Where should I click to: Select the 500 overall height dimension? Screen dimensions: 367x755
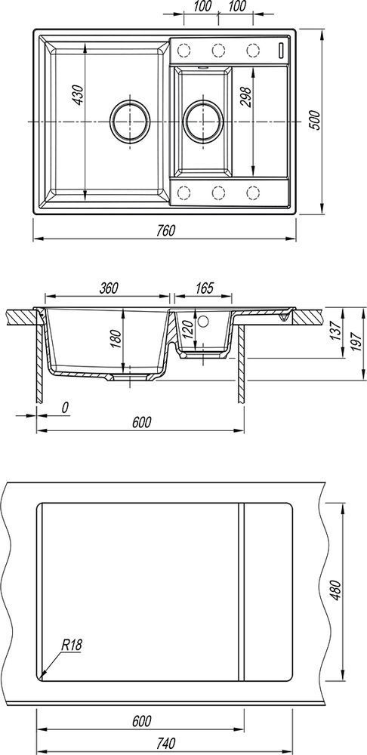pyautogui.click(x=313, y=121)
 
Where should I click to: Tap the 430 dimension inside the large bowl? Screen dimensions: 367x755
pyautogui.click(x=78, y=95)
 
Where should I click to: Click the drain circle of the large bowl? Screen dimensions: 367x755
pyautogui.click(x=130, y=120)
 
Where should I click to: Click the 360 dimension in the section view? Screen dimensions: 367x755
pyautogui.click(x=109, y=288)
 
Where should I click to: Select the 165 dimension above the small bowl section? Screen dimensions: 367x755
pyautogui.click(x=204, y=288)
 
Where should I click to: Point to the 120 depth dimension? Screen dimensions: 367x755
pyautogui.click(x=188, y=331)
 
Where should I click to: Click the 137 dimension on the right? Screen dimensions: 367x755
pyautogui.click(x=337, y=328)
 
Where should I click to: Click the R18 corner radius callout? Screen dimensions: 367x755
pyautogui.click(x=71, y=644)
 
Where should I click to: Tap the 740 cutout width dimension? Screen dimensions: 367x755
pyautogui.click(x=165, y=742)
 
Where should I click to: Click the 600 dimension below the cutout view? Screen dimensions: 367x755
pyautogui.click(x=142, y=721)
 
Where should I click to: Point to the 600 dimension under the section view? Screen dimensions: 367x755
pyautogui.click(x=142, y=422)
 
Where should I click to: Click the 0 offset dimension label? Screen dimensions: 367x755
pyautogui.click(x=65, y=408)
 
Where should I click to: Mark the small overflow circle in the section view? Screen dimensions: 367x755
pyautogui.click(x=203, y=321)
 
